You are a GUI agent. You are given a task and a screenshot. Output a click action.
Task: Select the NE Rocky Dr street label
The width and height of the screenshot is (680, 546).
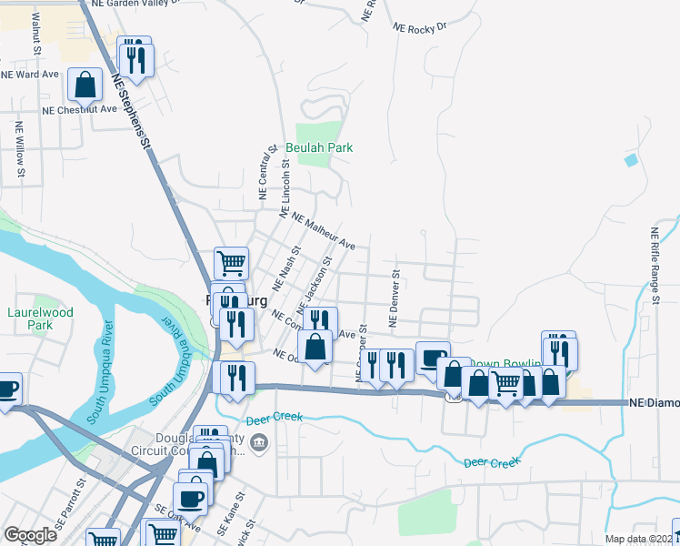coord(421,28)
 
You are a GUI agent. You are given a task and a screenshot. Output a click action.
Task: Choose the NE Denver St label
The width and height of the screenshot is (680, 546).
coord(395,298)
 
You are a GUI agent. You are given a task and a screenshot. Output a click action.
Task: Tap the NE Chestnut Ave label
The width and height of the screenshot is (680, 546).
coord(80,109)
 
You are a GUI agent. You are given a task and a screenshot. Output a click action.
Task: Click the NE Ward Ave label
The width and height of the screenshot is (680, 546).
coord(30,74)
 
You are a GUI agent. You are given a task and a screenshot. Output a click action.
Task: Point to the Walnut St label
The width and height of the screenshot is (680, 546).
coord(35,30)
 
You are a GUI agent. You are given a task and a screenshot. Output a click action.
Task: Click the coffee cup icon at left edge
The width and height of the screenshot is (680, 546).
coord(7,389)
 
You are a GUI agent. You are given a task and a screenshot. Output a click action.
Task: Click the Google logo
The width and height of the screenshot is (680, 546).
coord(30,535)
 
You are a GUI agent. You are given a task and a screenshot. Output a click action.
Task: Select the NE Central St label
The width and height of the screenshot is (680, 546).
coord(265,173)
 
